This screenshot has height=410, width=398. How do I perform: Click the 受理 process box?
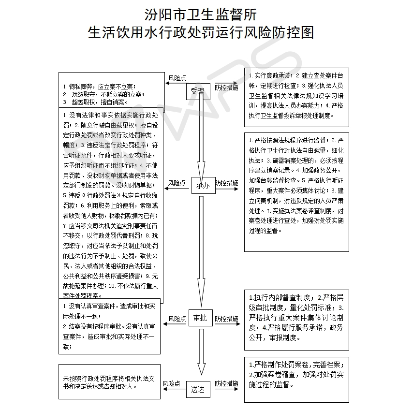[x=198, y=91]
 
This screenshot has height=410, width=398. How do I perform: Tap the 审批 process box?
[x=200, y=318]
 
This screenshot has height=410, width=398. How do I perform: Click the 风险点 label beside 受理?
[x=177, y=78]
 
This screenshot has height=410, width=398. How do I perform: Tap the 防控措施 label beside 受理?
[x=226, y=88]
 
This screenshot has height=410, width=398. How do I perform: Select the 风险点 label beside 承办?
[x=177, y=183]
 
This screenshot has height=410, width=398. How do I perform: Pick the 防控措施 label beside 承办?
[x=227, y=183]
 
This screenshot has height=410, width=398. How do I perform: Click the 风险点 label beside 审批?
[x=177, y=319]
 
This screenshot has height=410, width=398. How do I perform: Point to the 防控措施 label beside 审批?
[x=227, y=319]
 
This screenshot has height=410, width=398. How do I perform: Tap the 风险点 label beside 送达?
[x=171, y=383]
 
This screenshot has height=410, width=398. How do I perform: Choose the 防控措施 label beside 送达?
[x=226, y=383]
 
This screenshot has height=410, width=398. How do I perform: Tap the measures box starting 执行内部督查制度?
[x=296, y=319]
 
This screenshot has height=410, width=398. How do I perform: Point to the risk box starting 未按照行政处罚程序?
[x=109, y=382]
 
